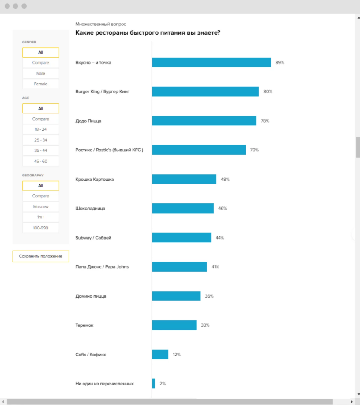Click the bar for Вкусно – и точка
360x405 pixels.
click(211, 62)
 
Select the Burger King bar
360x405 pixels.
click(205, 91)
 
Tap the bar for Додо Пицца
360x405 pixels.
click(204, 121)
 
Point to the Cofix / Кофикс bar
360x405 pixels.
click(160, 355)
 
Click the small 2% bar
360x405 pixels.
click(154, 384)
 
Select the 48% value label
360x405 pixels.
click(225, 179)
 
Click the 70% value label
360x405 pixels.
click(254, 150)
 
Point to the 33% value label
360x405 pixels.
click(205, 325)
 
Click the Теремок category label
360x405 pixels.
click(84, 325)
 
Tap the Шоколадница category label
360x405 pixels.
click(90, 208)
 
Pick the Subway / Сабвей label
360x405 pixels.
click(93, 238)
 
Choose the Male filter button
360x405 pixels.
click(41, 73)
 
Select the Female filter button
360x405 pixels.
click(41, 84)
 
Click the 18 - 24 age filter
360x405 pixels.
click(41, 129)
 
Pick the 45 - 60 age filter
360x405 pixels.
click(41, 161)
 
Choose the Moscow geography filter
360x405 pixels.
click(41, 207)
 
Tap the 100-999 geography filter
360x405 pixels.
click(41, 228)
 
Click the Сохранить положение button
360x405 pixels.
click(41, 256)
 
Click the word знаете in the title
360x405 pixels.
click(208, 33)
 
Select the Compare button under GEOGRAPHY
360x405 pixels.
click(41, 196)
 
